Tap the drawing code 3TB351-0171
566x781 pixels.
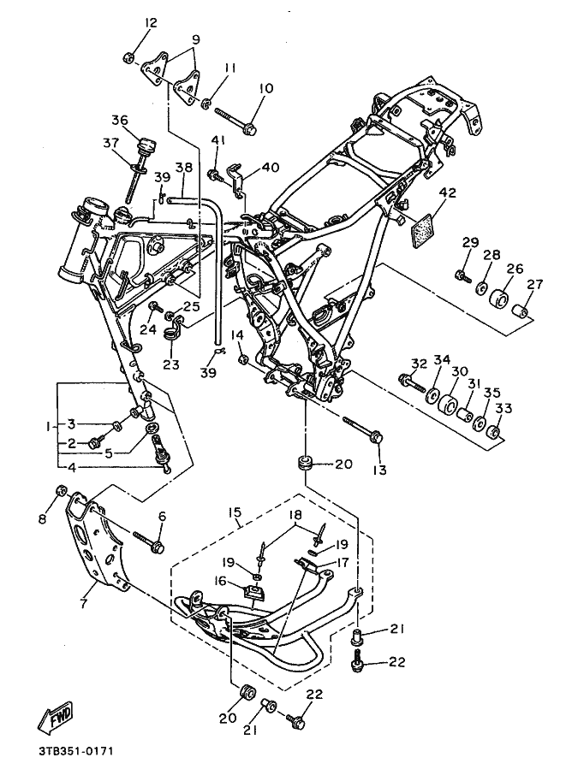click(75, 750)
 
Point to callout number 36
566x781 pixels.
click(120, 121)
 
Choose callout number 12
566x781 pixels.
click(151, 22)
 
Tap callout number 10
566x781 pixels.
click(265, 89)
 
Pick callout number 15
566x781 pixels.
click(235, 512)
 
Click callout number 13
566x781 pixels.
click(380, 470)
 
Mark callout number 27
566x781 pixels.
click(521, 284)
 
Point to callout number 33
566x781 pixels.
click(504, 408)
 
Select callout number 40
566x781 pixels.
click(271, 167)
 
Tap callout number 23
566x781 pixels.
click(170, 364)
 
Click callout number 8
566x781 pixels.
click(43, 519)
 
